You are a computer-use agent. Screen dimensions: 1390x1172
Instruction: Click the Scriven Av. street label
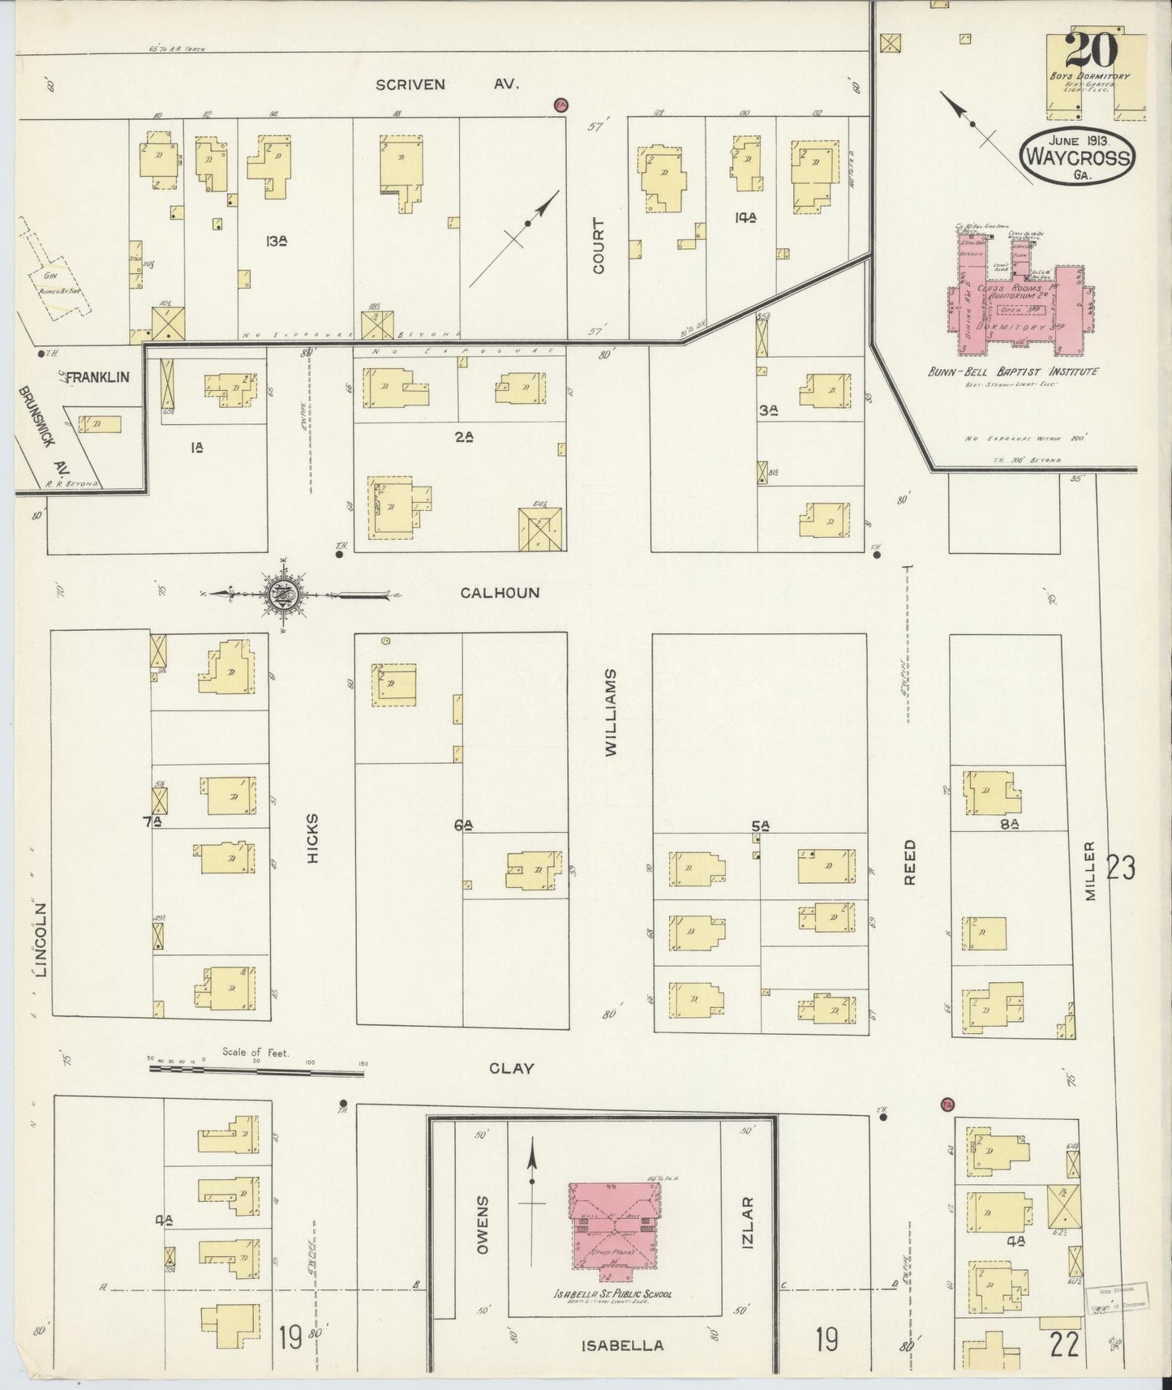click(444, 84)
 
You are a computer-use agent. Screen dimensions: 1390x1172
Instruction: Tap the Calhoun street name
click(500, 593)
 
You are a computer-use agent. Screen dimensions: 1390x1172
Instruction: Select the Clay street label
click(511, 1068)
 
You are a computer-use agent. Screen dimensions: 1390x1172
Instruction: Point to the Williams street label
click(611, 713)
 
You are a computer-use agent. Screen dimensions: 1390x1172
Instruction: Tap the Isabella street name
click(623, 1345)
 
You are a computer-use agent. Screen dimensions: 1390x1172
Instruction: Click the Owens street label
click(483, 1225)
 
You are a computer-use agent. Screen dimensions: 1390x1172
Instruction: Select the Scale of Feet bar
click(256, 1070)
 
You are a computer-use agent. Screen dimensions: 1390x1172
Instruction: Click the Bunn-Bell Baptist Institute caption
click(1012, 371)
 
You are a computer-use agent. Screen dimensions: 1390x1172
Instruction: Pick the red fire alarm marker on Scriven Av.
click(560, 105)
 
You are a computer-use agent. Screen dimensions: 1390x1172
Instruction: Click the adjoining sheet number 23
click(1120, 868)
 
